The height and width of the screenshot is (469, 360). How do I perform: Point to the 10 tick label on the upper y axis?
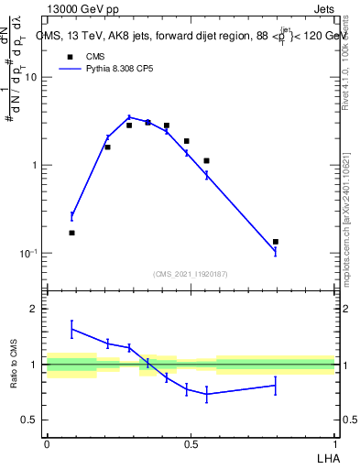pos(31,77)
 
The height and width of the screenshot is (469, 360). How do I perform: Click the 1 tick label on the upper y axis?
pos(35,166)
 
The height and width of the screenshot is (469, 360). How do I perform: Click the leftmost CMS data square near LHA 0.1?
pos(71,233)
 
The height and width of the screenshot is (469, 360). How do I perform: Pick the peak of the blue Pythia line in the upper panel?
pos(129,117)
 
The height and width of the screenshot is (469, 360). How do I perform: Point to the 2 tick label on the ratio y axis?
pos(35,310)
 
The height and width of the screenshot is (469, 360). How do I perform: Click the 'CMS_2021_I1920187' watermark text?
pos(190,273)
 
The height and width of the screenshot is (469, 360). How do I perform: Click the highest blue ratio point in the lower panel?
pos(71,328)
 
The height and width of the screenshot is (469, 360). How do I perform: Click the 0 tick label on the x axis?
pos(47,443)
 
